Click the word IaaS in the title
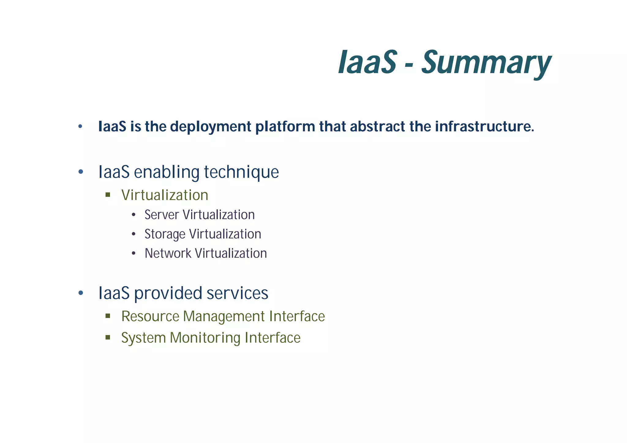coord(367,63)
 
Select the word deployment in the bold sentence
coord(210,127)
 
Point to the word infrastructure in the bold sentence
coord(484,127)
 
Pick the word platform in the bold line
coord(285,127)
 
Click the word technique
coord(241,172)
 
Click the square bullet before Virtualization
coord(107,195)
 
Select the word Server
coord(162,215)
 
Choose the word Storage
coord(165,234)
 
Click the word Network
coord(168,253)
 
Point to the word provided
coord(168,293)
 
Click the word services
coord(237,293)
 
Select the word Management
coord(224,317)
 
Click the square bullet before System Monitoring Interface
coord(107,337)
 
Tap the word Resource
coord(150,317)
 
